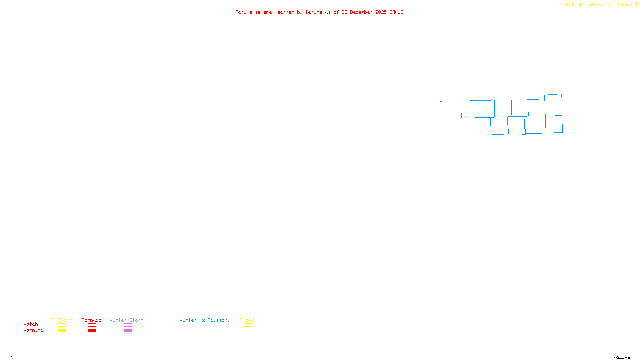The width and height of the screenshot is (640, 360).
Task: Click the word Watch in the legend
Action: [31, 324]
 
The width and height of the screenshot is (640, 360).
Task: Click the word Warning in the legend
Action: [33, 330]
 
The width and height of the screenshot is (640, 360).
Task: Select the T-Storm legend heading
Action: [62, 320]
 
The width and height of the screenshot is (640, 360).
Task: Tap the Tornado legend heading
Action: [92, 320]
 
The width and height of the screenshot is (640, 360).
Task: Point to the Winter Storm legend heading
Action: [126, 320]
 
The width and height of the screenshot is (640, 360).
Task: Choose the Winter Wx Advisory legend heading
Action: [205, 320]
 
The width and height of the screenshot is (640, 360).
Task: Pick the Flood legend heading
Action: [247, 320]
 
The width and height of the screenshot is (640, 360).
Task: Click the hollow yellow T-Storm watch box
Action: [62, 325]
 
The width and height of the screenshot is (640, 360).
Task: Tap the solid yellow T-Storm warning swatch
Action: [62, 331]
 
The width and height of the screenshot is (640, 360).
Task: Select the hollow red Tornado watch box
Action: [92, 325]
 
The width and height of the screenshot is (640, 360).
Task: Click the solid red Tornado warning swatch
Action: [92, 331]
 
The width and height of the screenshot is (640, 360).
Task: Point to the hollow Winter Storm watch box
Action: [128, 325]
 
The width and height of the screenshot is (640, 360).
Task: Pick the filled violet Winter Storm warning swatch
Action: [128, 331]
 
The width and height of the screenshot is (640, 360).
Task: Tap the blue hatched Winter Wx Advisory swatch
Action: [204, 331]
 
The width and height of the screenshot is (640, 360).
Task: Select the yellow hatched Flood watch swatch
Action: [247, 325]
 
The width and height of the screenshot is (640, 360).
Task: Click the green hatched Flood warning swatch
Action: [247, 331]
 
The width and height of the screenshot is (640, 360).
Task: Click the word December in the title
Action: [361, 12]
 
